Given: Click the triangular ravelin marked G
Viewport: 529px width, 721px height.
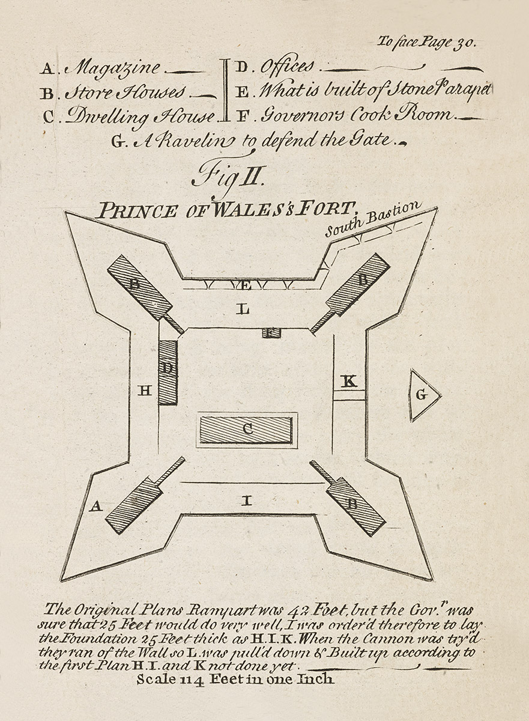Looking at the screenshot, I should coord(422,395).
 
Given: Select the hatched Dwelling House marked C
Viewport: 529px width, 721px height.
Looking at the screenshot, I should coord(246,430).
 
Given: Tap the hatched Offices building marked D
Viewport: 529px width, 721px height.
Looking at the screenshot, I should coord(168,372).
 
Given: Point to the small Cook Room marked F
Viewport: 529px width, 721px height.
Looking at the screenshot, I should coord(271,332).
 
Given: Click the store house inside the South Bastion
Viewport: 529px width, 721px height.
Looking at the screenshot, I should coord(358,284).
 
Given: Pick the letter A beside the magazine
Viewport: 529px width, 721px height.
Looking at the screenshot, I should coord(94,507).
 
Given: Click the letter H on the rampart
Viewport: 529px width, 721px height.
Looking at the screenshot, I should coord(145,391).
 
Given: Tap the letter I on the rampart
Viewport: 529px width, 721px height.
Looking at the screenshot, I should coord(246,500).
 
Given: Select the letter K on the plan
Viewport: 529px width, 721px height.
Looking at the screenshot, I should coord(349,381).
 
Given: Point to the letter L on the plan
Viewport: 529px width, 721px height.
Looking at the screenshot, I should coord(243,309).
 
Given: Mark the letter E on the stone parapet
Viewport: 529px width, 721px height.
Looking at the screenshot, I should coord(243,284).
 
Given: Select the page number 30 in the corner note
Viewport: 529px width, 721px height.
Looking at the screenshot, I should coord(467,43).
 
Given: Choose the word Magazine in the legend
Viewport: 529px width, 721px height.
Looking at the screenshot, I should coord(114,67).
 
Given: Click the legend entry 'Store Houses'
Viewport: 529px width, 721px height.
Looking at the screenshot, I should coord(125,93).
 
